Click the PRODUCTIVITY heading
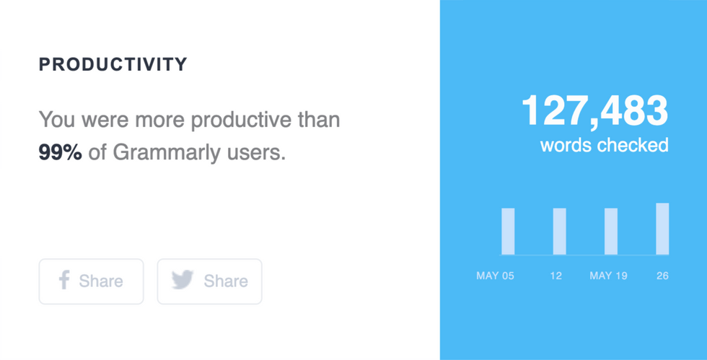point(113,64)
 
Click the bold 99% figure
point(60,152)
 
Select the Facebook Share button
point(91,281)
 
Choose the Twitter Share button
point(209,281)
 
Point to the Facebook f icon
point(63,280)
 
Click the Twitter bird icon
point(183,280)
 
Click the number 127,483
point(594,112)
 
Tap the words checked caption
point(604,145)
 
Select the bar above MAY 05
point(508,231)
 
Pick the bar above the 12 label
point(559,231)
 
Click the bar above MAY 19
point(610,231)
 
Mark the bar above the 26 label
point(662,229)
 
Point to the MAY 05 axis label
point(495,276)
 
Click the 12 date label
point(555,276)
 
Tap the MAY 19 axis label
point(608,276)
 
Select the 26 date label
point(662,276)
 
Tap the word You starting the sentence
point(54,119)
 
